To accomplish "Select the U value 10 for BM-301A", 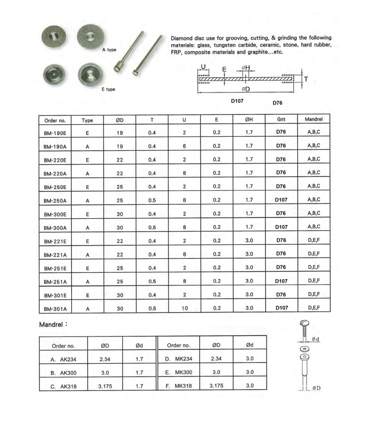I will pos(185,308).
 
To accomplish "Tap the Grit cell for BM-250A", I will pos(281,200).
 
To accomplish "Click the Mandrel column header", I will pos(314,120).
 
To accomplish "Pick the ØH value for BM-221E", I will pos(249,240).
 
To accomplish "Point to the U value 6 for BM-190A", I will pos(185,146).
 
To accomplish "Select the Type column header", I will pos(87,120).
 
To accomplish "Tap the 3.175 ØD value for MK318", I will pos(216,386).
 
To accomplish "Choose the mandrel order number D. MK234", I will pos(179,359).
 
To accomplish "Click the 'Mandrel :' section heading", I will pos(53,324).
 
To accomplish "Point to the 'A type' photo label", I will pos(109,50).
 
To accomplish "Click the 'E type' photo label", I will pos(108,89).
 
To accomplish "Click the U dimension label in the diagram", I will pos(203,67).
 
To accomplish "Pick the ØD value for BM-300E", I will pos(120,214).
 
